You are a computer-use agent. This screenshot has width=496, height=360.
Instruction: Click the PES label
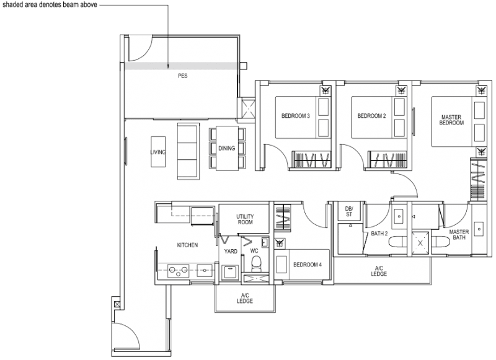pos(182,76)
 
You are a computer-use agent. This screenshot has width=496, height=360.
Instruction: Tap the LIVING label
pos(158,152)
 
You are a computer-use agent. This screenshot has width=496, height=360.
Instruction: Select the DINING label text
pos(227,148)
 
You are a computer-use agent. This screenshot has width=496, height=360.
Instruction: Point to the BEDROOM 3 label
pos(295,116)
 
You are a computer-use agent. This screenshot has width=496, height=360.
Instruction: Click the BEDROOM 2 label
pos(372,116)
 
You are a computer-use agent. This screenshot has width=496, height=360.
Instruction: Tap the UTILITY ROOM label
pos(245,219)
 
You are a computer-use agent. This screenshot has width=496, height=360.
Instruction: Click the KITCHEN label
pos(187,245)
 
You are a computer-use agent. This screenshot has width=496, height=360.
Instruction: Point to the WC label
pos(254,251)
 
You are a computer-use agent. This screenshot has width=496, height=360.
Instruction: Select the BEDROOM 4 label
pos(308,265)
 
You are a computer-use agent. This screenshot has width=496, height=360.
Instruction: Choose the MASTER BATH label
pos(459,234)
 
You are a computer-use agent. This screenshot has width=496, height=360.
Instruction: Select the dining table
pos(227,148)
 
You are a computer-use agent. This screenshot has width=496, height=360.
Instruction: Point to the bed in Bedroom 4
pos(301,265)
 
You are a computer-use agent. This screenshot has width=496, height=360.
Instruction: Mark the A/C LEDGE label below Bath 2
pos(380,271)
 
